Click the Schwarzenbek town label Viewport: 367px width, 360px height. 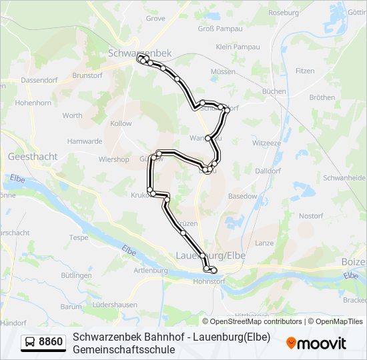pyautogui.click(x=139, y=52)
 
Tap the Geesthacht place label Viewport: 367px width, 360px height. pyautogui.click(x=32, y=157)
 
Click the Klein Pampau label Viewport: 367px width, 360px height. pyautogui.click(x=238, y=47)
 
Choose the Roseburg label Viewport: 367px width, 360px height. pyautogui.click(x=283, y=13)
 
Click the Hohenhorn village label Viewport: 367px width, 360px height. pyautogui.click(x=33, y=103)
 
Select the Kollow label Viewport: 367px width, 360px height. pyautogui.click(x=121, y=123)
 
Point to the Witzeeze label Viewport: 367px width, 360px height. pyautogui.click(x=266, y=143)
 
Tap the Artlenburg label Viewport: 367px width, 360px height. pyautogui.click(x=150, y=270)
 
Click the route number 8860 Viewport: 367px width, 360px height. pyautogui.click(x=51, y=343)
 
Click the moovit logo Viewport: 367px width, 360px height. pyautogui.click(x=316, y=343)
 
